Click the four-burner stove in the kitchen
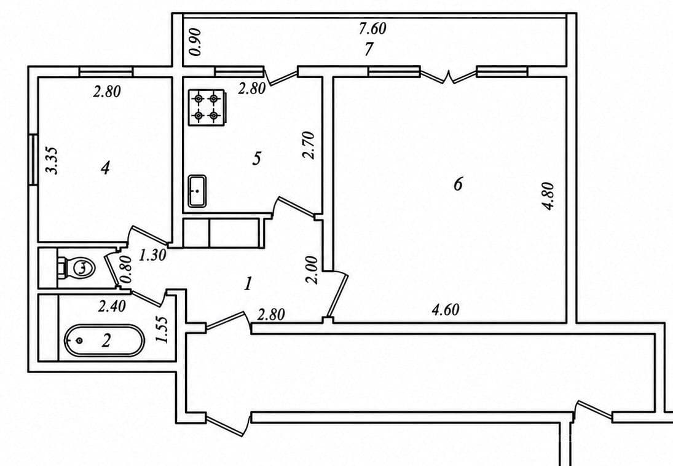(207, 108)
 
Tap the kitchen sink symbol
(197, 191)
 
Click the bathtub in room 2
(104, 341)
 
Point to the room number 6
(458, 184)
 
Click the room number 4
(104, 167)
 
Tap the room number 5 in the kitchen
(257, 159)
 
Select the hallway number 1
(248, 283)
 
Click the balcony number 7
(368, 49)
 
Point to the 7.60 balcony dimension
(372, 28)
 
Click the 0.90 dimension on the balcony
(195, 42)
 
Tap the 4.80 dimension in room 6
(548, 197)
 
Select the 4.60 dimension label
(446, 309)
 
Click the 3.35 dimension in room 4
(52, 160)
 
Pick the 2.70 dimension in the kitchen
(309, 145)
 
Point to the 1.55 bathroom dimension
(161, 330)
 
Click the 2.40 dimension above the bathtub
(112, 306)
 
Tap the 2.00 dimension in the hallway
(312, 270)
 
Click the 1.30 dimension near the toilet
(152, 256)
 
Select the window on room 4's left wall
(33, 160)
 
